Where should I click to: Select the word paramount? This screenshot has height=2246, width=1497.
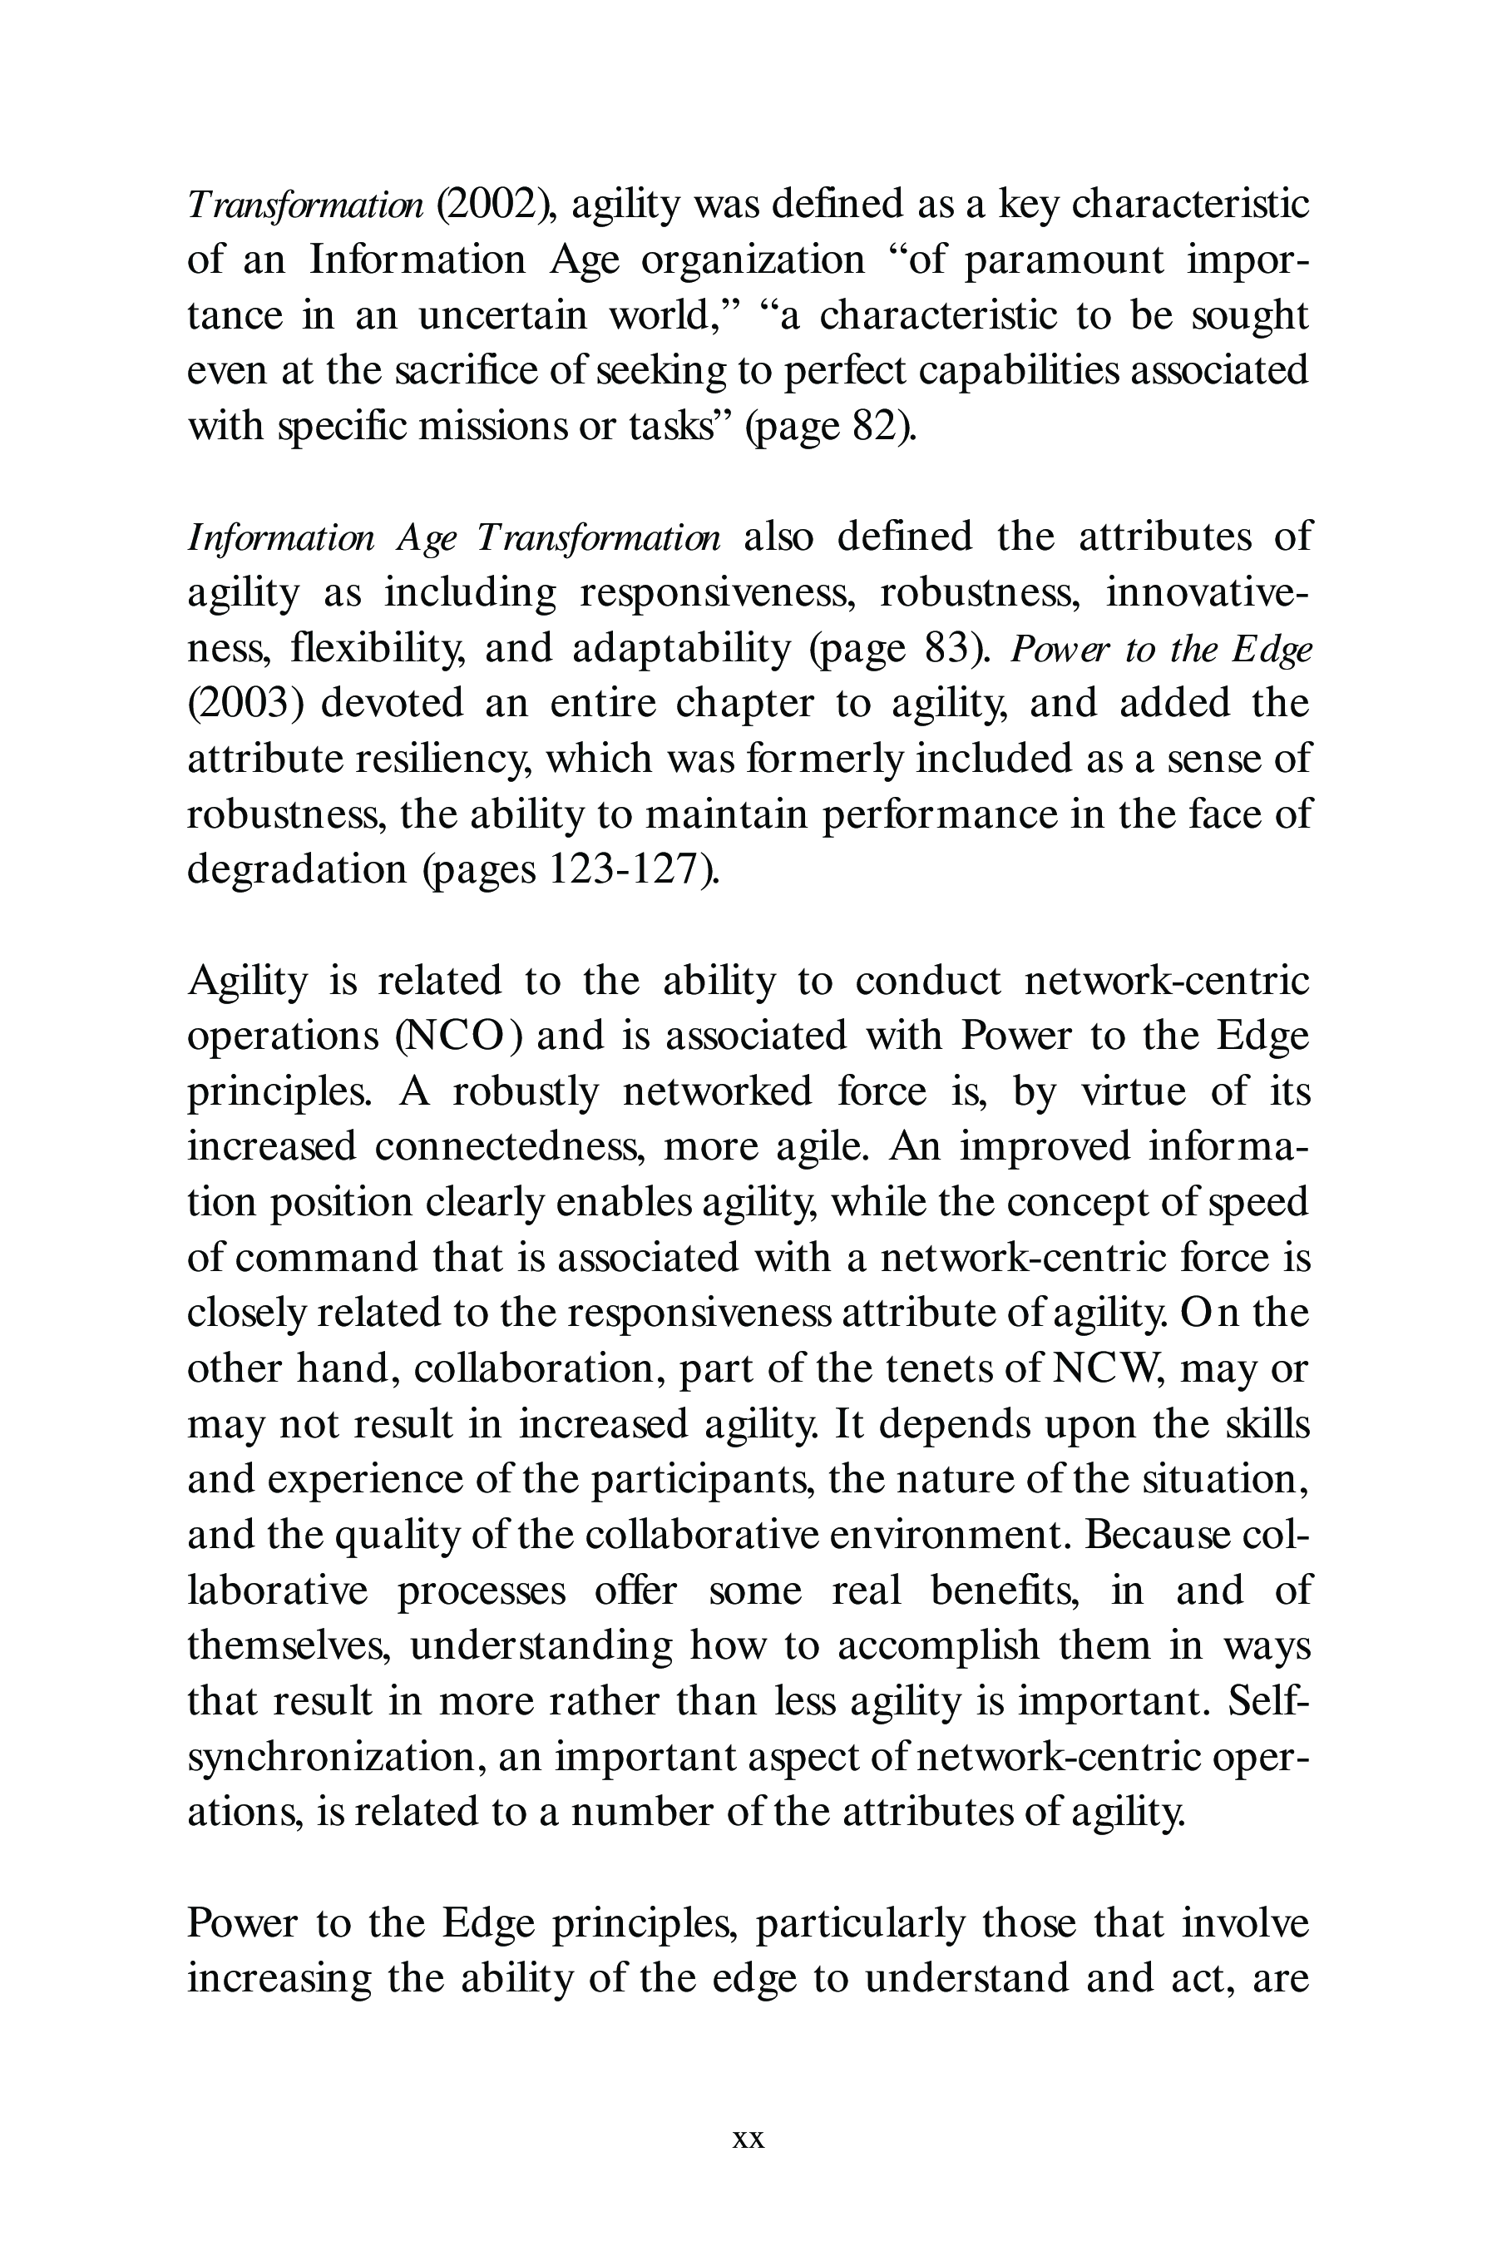tap(1064, 260)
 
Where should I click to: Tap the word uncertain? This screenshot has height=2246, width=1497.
tap(502, 315)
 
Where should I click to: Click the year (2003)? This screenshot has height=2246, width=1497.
tap(245, 704)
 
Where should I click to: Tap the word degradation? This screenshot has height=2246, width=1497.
tap(296, 870)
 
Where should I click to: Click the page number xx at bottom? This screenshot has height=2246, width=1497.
tap(748, 2139)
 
